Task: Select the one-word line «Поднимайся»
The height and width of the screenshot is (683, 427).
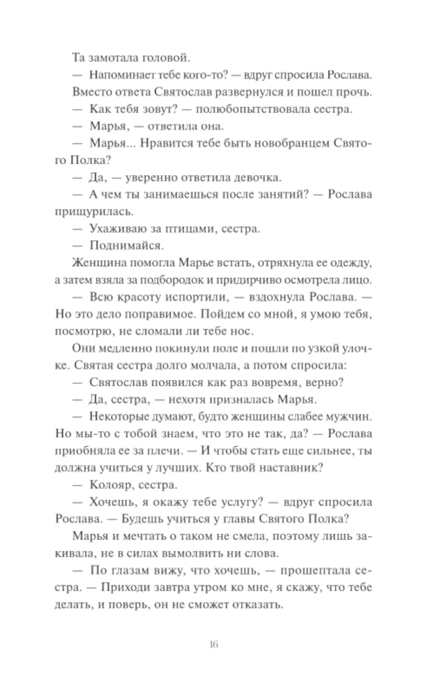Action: click(124, 245)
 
